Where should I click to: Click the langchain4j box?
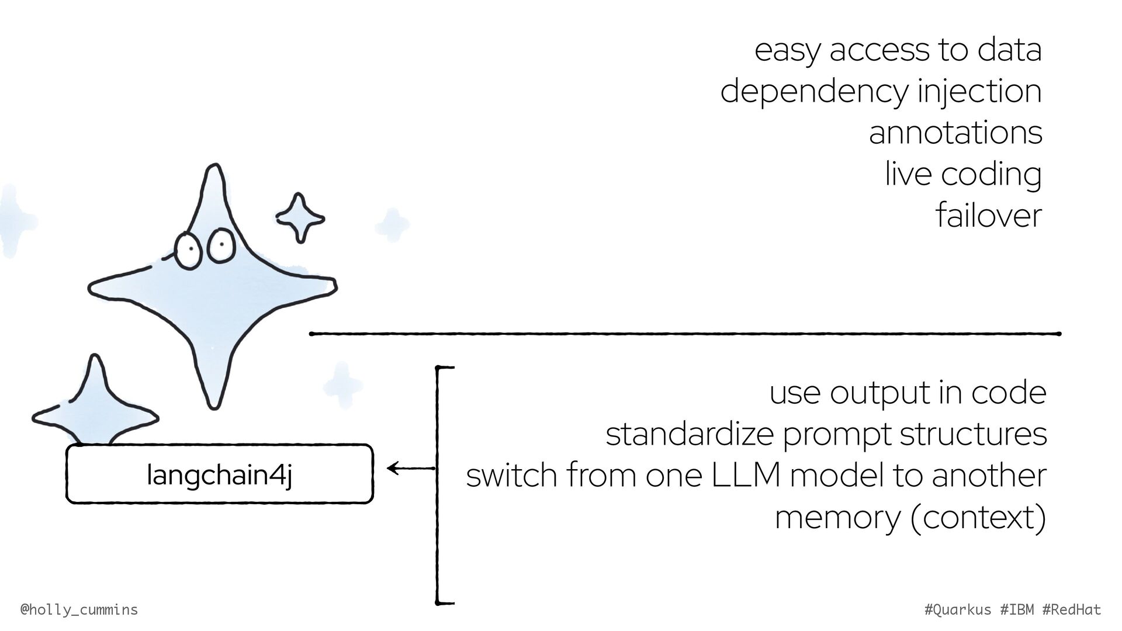point(219,474)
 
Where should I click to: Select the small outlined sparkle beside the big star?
point(300,218)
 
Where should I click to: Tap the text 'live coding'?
point(962,174)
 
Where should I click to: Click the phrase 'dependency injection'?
point(881,91)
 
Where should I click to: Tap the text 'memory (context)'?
point(910,517)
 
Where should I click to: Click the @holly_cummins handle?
point(79,610)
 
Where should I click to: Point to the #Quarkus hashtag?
point(958,610)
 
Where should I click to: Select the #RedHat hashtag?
point(1072,610)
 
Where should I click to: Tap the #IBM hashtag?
point(1017,610)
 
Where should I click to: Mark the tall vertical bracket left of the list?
point(437,485)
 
